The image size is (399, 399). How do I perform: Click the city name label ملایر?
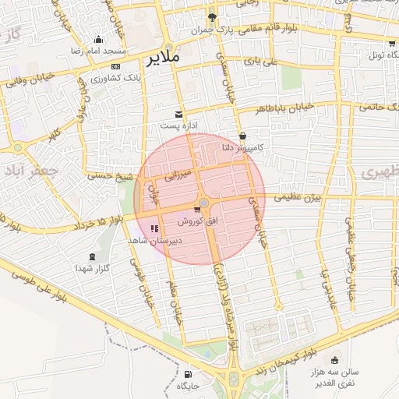(162, 57)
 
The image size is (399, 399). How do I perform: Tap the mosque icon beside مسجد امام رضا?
(97, 40)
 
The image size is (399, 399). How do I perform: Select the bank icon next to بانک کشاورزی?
(116, 67)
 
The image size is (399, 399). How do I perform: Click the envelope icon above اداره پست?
(181, 114)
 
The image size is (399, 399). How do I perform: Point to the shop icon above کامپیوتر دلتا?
(242, 136)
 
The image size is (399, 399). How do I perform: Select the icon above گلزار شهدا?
(94, 256)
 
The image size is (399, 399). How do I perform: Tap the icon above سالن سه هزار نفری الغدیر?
(335, 360)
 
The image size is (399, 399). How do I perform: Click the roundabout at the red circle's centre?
(203, 203)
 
